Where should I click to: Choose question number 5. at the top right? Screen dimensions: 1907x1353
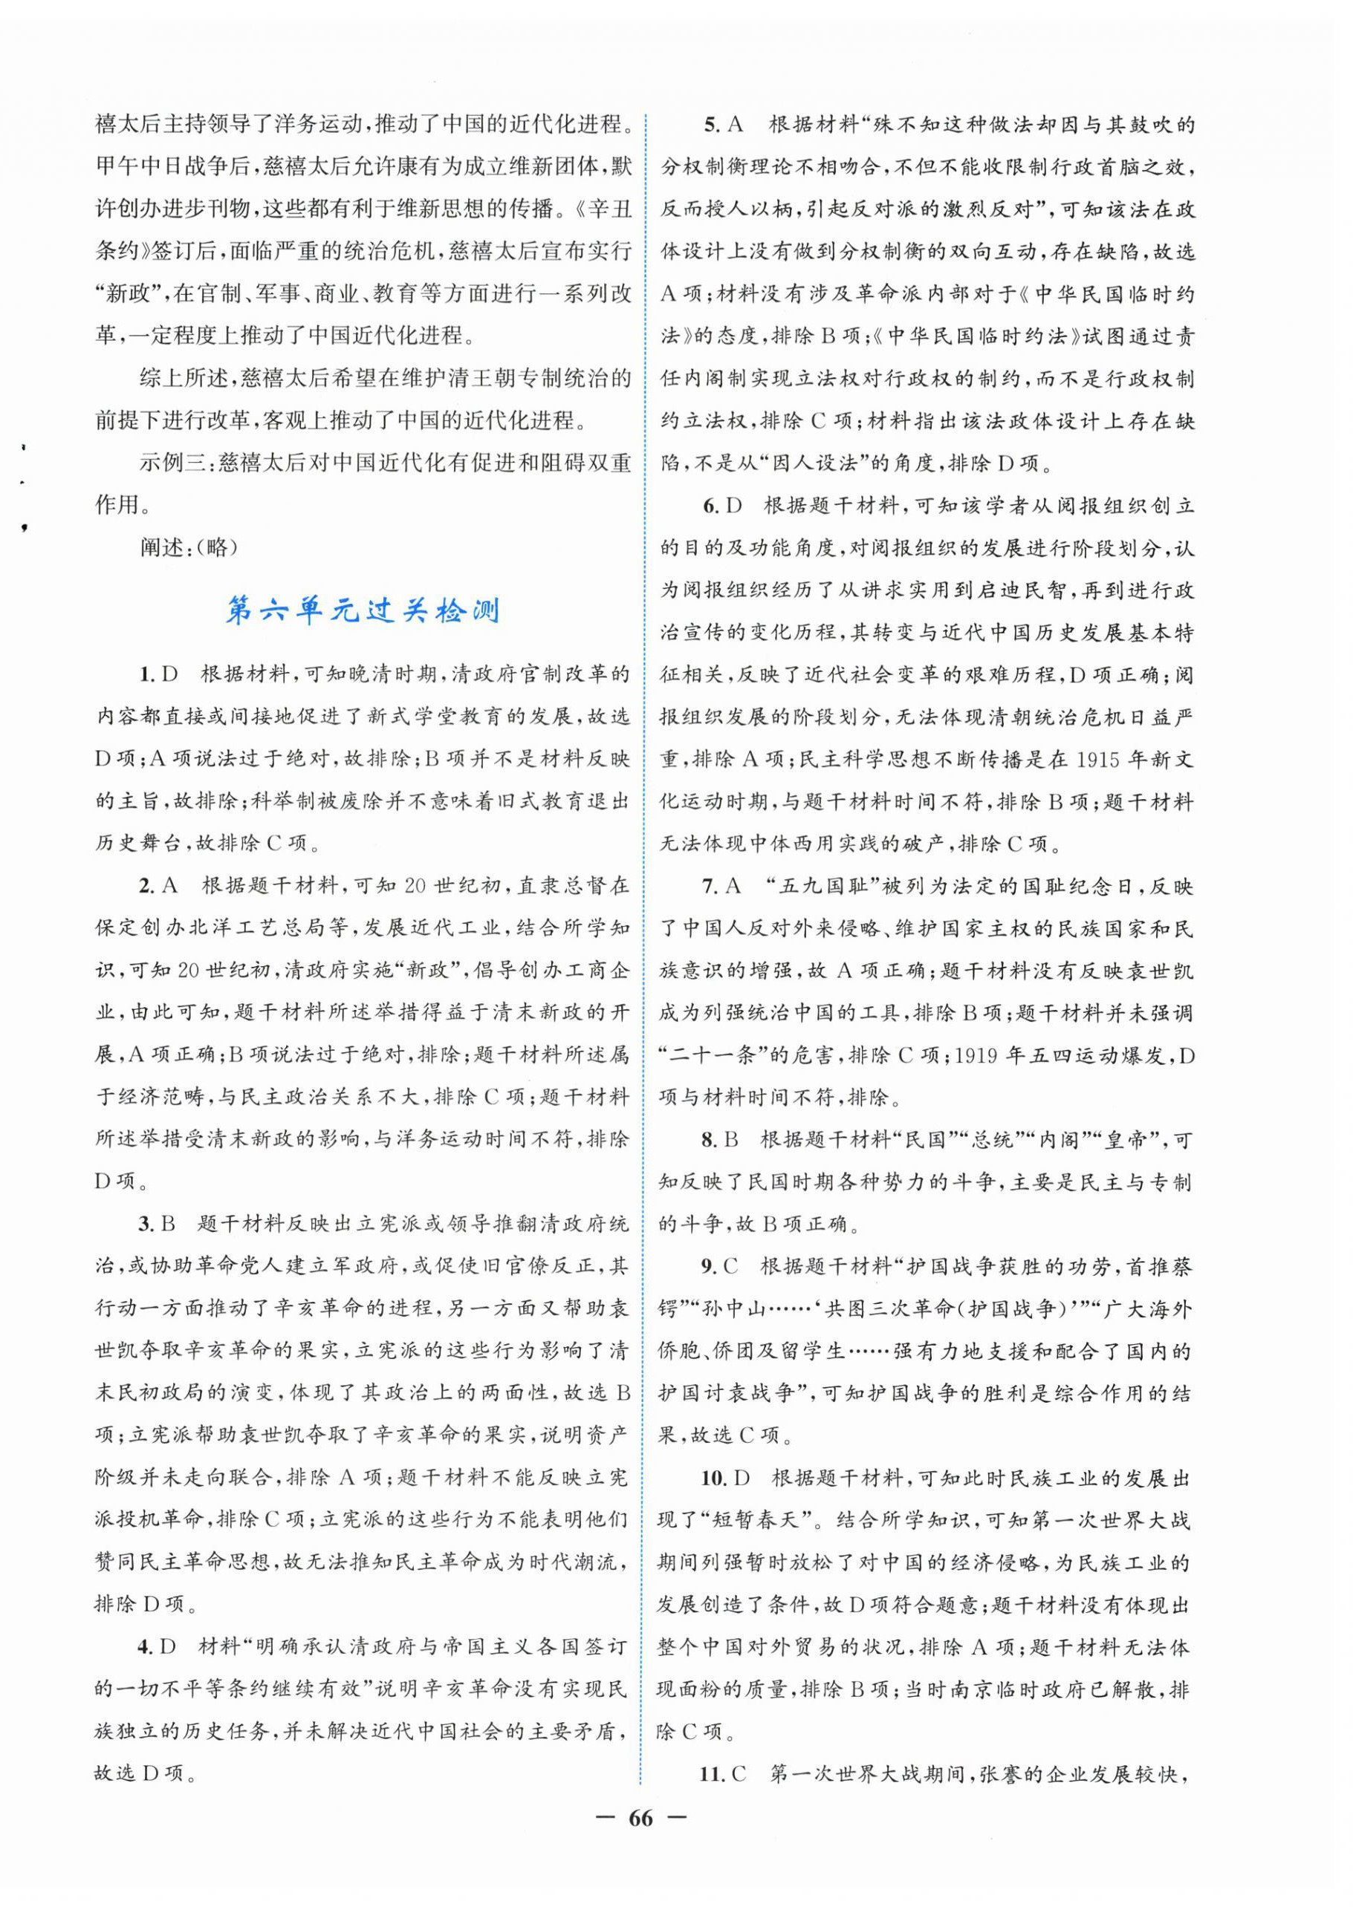pyautogui.click(x=710, y=125)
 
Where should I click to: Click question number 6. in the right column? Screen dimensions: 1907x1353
pyautogui.click(x=710, y=506)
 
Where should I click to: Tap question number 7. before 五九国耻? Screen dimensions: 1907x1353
pyautogui.click(x=710, y=886)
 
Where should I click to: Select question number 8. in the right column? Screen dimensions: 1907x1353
pyautogui.click(x=710, y=1139)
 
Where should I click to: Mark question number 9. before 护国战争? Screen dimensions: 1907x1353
pyautogui.click(x=710, y=1267)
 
